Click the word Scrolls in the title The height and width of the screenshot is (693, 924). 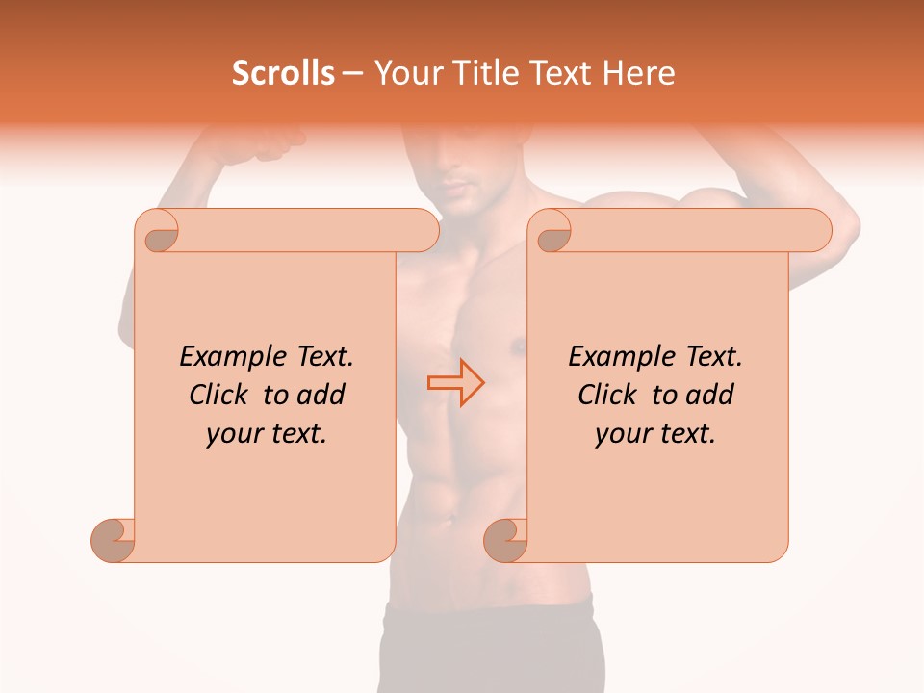pos(283,73)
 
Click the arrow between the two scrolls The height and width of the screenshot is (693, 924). pos(455,382)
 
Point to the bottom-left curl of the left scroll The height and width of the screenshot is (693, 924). pos(114,539)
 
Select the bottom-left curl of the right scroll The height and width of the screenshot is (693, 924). pos(506,539)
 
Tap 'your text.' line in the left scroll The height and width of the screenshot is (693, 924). pos(267,433)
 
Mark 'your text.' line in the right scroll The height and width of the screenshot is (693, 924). pos(655,433)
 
